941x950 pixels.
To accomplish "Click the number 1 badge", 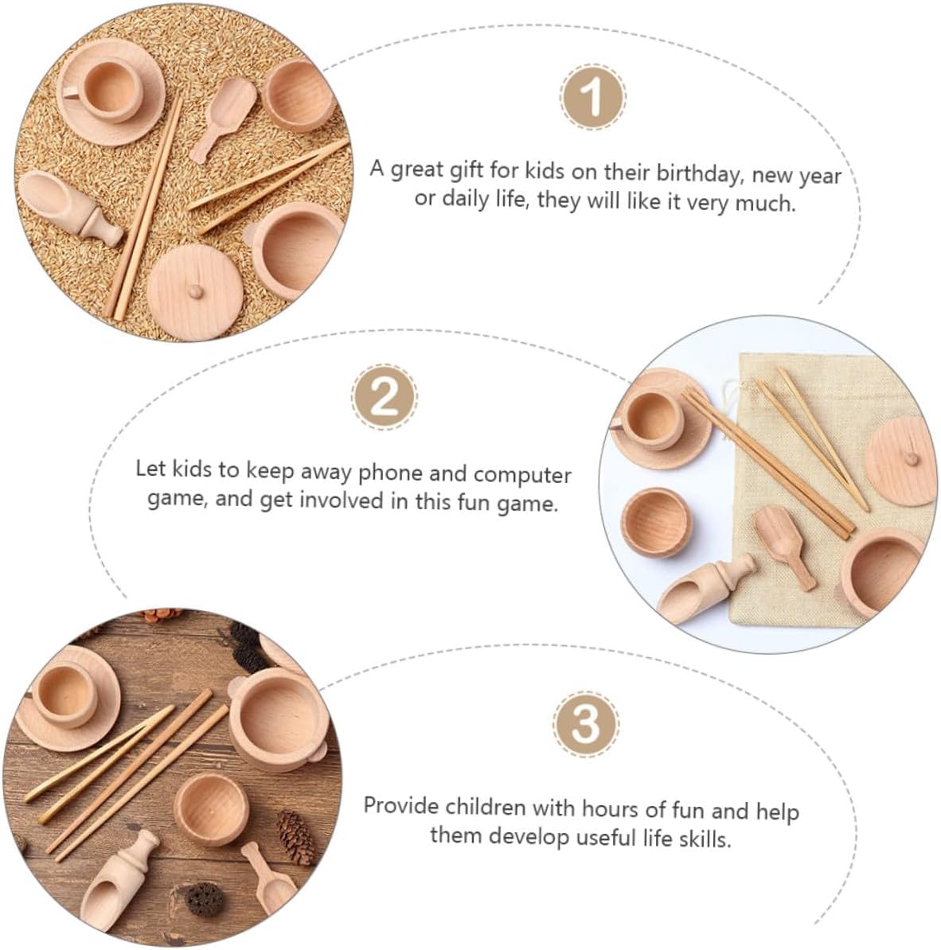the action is coord(592,96).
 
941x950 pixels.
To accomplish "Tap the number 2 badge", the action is coord(385,397).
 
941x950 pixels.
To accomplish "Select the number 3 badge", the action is coord(586,722).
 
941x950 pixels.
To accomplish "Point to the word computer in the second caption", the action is coord(522,475).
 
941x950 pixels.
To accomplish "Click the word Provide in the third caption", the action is coord(400,807).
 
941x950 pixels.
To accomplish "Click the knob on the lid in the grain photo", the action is coord(195,292).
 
